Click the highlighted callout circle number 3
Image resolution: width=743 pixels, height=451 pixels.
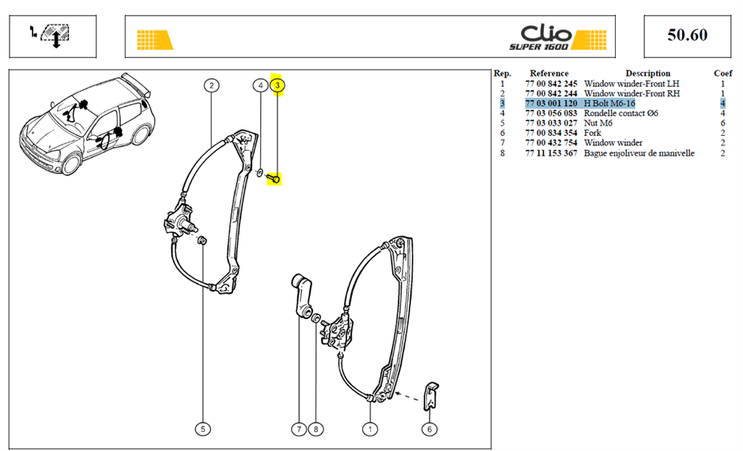click(x=277, y=85)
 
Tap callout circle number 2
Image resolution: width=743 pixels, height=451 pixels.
click(x=211, y=85)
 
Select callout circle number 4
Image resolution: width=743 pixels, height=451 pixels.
click(x=260, y=85)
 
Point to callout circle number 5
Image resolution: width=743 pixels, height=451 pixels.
click(x=203, y=429)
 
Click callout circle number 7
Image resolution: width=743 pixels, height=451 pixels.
click(x=299, y=429)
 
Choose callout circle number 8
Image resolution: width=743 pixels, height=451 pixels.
click(x=315, y=429)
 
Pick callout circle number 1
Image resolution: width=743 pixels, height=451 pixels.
click(x=370, y=429)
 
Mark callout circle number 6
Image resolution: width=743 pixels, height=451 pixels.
click(x=429, y=429)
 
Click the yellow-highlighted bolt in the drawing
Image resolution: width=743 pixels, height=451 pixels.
click(x=273, y=179)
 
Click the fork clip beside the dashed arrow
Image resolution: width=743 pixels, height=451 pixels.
click(x=431, y=396)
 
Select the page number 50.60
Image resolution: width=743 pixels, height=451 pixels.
click(x=687, y=35)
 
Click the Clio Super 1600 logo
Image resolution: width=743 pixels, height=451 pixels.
click(x=557, y=37)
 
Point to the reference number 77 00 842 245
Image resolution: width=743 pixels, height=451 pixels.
click(x=551, y=84)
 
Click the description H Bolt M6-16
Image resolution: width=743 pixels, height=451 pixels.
click(x=609, y=103)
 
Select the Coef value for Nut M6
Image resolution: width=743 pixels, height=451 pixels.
click(x=722, y=123)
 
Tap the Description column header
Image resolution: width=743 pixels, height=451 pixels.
click(x=648, y=73)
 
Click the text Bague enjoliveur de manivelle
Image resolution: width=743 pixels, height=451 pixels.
click(x=639, y=153)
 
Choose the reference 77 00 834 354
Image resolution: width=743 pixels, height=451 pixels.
click(x=551, y=133)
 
